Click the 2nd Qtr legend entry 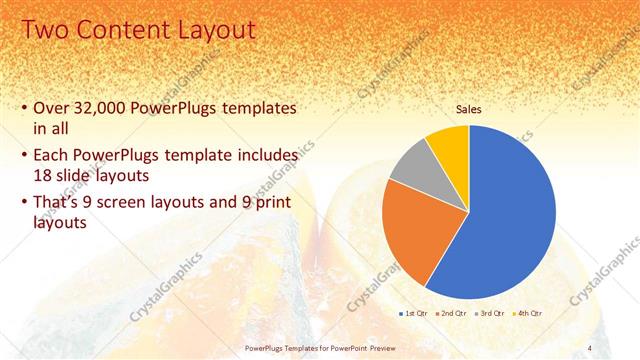click(x=452, y=314)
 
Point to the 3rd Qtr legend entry click(x=489, y=314)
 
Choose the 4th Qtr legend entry click(x=526, y=314)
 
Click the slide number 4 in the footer click(x=589, y=347)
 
